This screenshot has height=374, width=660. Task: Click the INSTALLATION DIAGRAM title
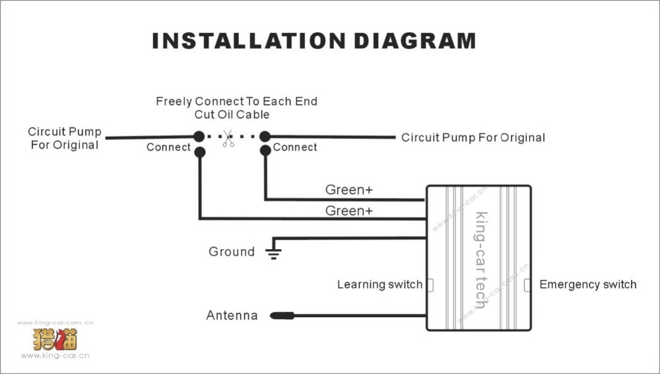click(x=313, y=40)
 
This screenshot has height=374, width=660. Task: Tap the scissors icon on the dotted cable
click(x=228, y=138)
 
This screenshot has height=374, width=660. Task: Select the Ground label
click(x=231, y=252)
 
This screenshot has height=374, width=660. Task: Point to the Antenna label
click(x=232, y=316)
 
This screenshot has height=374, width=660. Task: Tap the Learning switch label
click(x=379, y=285)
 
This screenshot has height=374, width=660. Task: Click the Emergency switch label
click(x=587, y=285)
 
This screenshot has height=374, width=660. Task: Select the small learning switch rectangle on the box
click(x=430, y=285)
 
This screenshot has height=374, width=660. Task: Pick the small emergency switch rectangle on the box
click(x=527, y=285)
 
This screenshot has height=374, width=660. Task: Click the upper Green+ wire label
click(x=348, y=190)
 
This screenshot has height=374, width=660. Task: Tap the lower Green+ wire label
click(x=348, y=211)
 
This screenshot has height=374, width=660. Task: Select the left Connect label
click(x=168, y=147)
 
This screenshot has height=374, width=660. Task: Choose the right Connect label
click(x=295, y=147)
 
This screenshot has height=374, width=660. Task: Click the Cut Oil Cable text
click(x=232, y=114)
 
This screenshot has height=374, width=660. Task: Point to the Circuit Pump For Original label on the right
click(x=473, y=138)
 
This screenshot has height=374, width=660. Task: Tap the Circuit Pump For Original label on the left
click(x=65, y=138)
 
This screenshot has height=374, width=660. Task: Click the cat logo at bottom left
click(x=55, y=339)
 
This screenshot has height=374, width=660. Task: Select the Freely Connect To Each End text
click(x=236, y=102)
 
